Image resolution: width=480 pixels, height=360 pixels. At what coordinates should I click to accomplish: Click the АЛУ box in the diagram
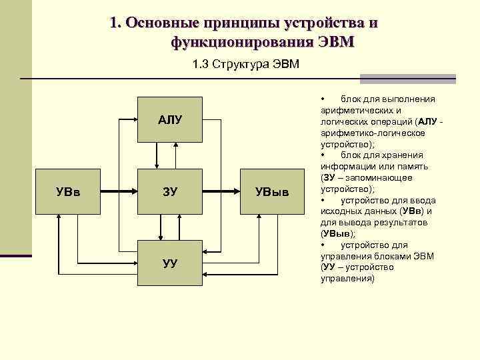coord(169,120)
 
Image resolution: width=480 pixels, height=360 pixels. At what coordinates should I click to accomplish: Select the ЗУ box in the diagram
coord(169,193)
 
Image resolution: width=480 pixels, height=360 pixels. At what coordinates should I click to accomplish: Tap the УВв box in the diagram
coord(68,193)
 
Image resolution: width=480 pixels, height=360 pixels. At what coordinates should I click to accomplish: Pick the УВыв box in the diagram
coord(273,193)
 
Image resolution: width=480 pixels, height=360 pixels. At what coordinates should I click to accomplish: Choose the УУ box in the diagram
coord(169,263)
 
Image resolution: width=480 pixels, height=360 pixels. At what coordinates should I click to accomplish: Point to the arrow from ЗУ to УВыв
coord(221,193)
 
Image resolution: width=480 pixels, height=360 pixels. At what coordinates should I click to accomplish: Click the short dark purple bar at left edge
coord(15,255)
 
